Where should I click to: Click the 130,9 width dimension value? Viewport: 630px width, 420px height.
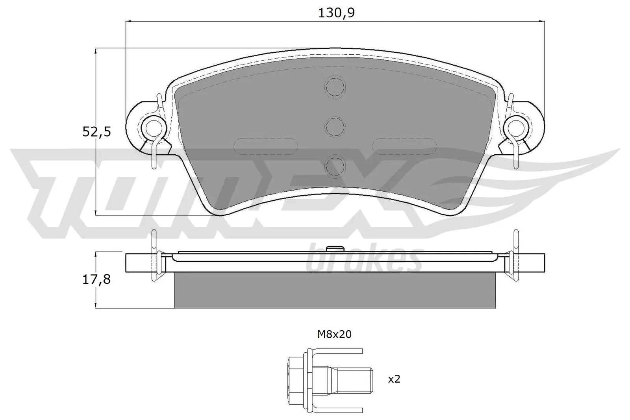point(336,13)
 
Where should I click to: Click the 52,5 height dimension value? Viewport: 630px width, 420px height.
point(96,132)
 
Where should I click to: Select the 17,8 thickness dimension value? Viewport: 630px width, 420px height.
point(96,279)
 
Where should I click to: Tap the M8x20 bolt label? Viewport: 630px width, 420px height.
point(334,335)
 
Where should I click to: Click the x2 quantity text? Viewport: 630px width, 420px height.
point(394,379)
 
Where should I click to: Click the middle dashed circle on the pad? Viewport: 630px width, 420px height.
point(335,127)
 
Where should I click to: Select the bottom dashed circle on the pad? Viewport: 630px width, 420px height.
point(335,165)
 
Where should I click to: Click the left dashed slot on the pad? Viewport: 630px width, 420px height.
point(265,146)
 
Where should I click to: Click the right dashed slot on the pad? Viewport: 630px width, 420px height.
point(405,146)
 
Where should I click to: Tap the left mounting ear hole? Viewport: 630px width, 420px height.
point(153,127)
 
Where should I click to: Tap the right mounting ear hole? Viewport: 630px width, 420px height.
point(516,127)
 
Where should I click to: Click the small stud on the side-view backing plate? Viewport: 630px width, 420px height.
point(335,248)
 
